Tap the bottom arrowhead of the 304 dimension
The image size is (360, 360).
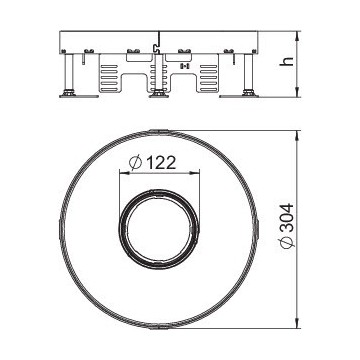point(297,326)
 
